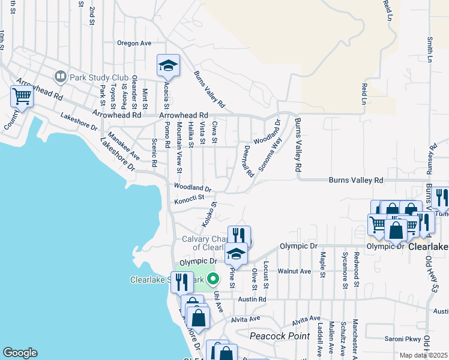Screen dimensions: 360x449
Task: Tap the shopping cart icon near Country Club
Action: pyautogui.click(x=22, y=96)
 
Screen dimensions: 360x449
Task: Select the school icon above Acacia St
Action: pyautogui.click(x=168, y=65)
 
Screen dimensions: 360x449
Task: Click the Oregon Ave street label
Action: pyautogui.click(x=134, y=43)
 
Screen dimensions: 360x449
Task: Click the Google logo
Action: pyautogui.click(x=20, y=353)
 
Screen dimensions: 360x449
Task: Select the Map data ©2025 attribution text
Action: pyautogui.click(x=424, y=355)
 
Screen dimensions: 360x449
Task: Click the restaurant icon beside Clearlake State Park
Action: pyautogui.click(x=182, y=281)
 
